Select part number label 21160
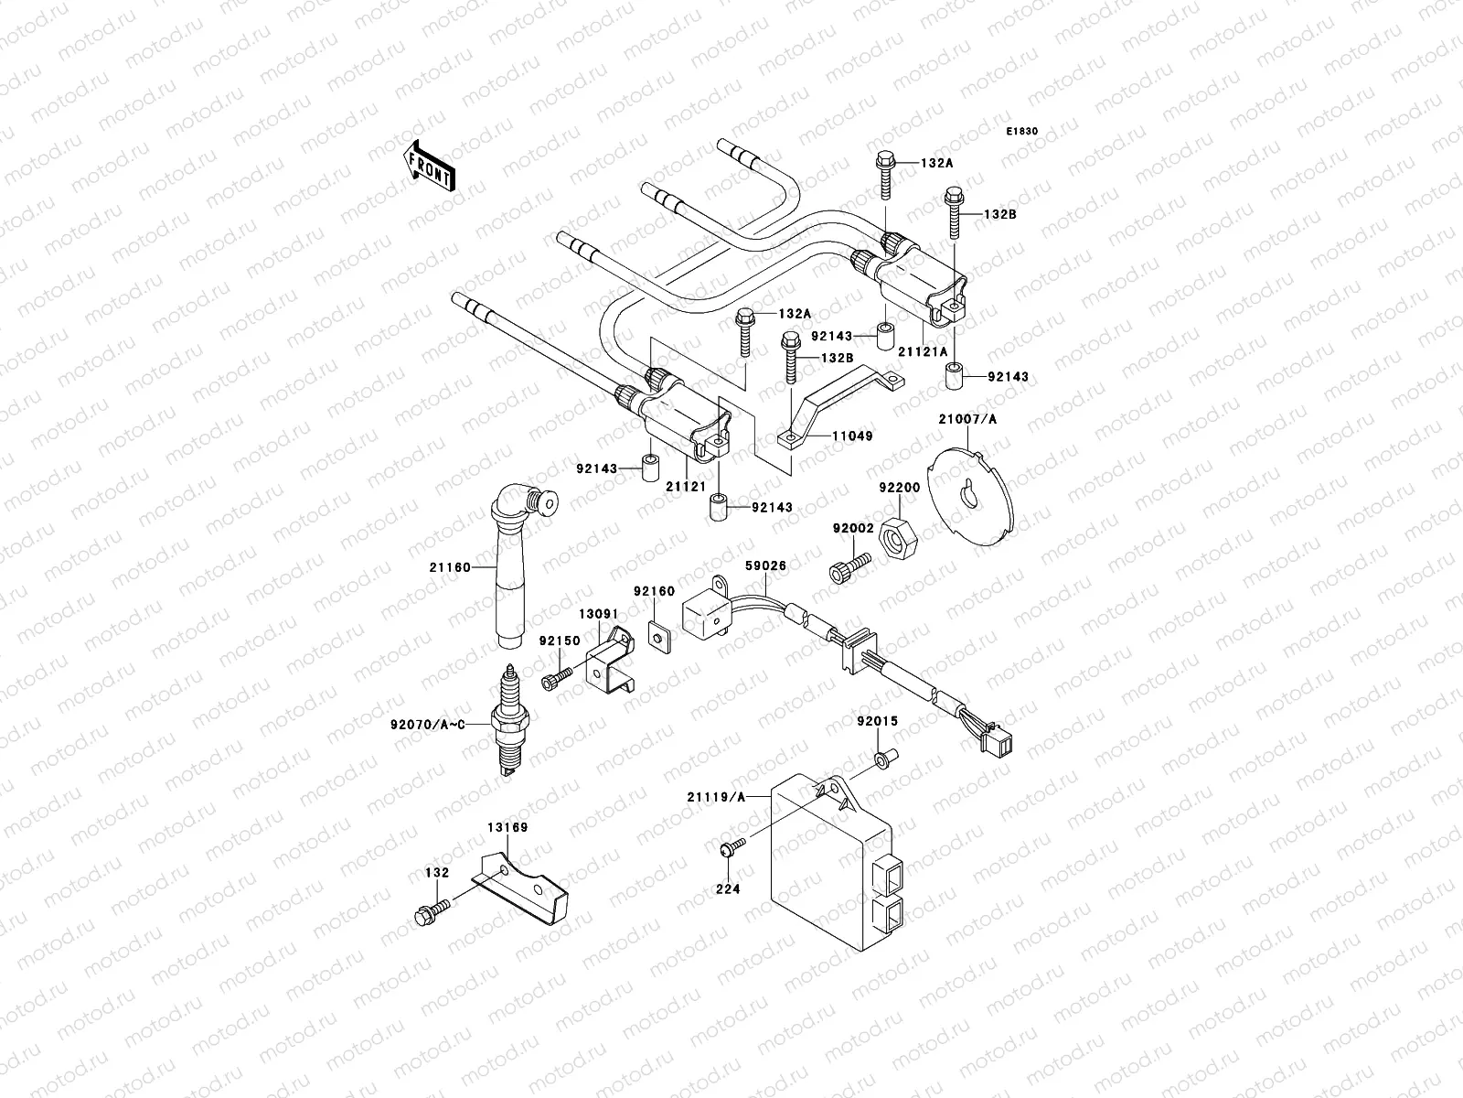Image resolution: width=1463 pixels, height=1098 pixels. [449, 567]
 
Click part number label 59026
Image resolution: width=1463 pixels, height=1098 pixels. [765, 566]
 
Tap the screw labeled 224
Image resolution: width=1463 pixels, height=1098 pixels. [728, 850]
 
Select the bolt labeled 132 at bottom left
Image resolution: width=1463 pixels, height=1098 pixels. [428, 911]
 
